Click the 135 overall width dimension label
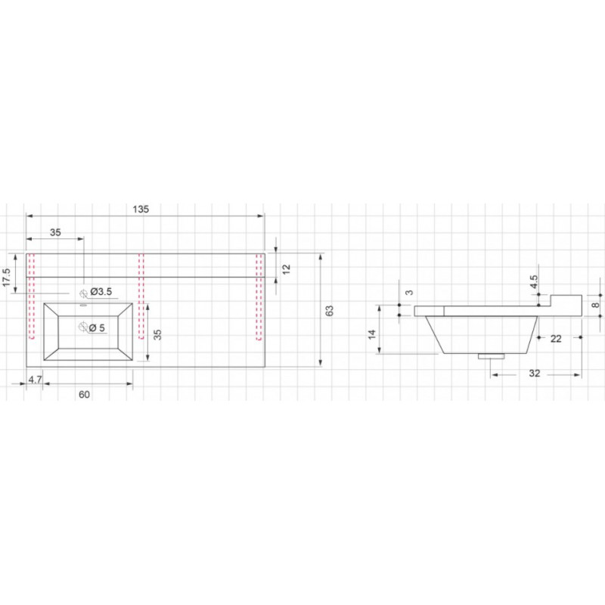click(141, 209)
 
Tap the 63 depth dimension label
click(329, 311)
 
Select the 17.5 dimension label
click(7, 278)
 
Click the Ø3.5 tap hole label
click(101, 292)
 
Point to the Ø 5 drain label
click(97, 328)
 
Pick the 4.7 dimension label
click(35, 380)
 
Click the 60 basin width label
click(84, 394)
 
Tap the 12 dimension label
click(286, 269)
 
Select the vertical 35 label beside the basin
click(157, 334)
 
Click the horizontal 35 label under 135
click(55, 232)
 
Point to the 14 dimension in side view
click(371, 334)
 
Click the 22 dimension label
click(556, 339)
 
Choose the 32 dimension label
click(535, 374)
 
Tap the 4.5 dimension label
click(534, 281)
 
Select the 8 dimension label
click(597, 306)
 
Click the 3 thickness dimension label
click(409, 293)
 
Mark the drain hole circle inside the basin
click(83, 327)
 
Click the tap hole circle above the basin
click(83, 293)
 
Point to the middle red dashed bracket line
click(141, 296)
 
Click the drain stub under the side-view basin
click(491, 356)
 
